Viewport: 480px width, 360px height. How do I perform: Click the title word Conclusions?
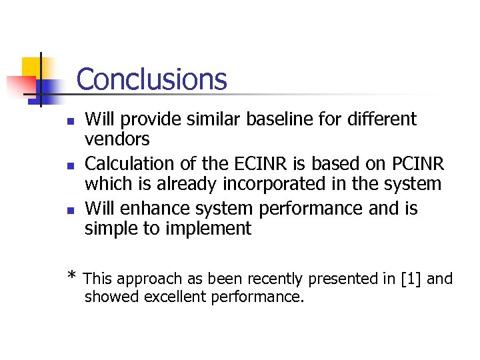(151, 79)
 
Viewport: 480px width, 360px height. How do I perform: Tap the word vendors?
(117, 139)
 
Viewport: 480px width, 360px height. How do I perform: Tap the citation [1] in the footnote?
(411, 279)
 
